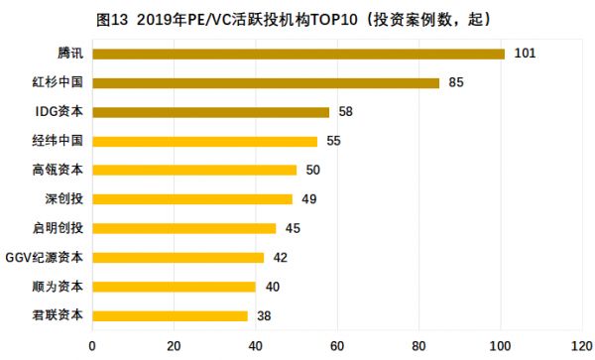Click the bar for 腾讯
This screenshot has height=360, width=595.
298,54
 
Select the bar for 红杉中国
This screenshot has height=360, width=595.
266,82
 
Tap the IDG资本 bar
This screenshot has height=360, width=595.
210,112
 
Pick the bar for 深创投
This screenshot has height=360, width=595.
192,199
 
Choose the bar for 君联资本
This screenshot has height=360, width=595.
170,315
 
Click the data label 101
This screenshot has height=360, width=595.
525,54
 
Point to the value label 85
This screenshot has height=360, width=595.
456,82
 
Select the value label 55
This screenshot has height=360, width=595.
333,141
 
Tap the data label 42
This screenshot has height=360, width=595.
281,258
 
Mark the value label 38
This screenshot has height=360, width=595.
265,315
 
